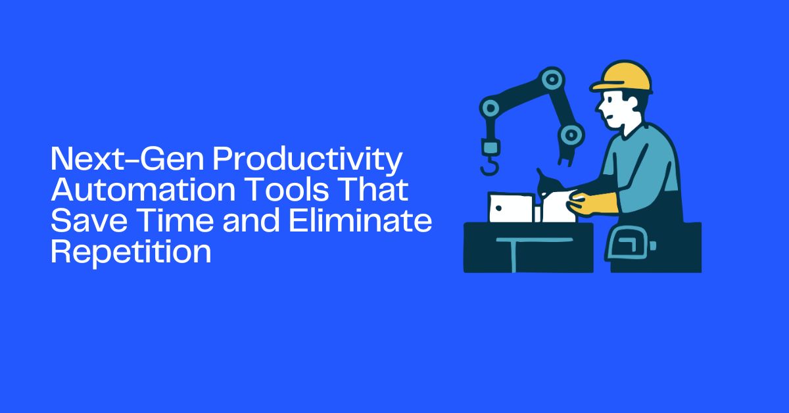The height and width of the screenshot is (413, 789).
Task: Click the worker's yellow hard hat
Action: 623,77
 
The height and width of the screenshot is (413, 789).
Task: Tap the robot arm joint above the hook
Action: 489,107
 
